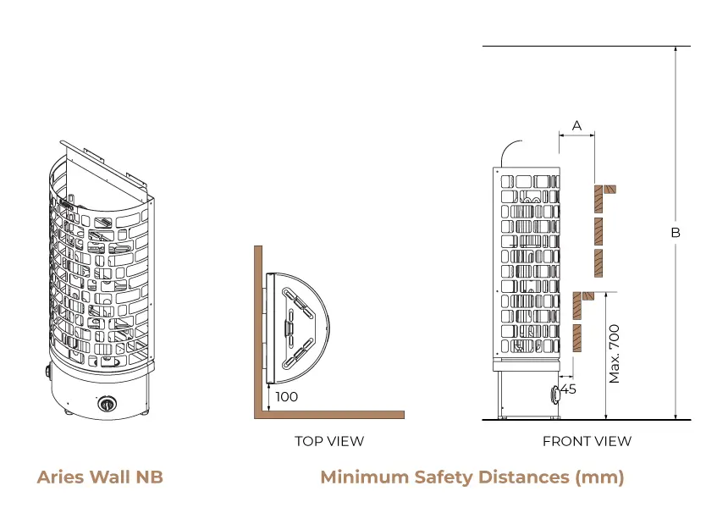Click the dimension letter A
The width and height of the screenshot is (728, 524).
click(577, 125)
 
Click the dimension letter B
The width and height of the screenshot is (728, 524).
click(676, 232)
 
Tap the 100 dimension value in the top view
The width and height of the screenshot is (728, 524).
click(287, 396)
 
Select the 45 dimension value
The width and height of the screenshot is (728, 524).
click(568, 389)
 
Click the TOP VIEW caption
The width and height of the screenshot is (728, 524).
click(329, 441)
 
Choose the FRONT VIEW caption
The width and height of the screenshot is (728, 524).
click(587, 441)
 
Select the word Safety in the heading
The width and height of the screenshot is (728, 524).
click(443, 477)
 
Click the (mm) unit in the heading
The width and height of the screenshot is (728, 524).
click(599, 477)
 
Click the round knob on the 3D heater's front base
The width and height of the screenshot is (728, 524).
click(108, 404)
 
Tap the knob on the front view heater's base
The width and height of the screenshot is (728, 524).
click(555, 393)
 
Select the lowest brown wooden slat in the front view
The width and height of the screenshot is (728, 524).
click(578, 338)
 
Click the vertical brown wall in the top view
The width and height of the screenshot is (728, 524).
click(257, 330)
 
